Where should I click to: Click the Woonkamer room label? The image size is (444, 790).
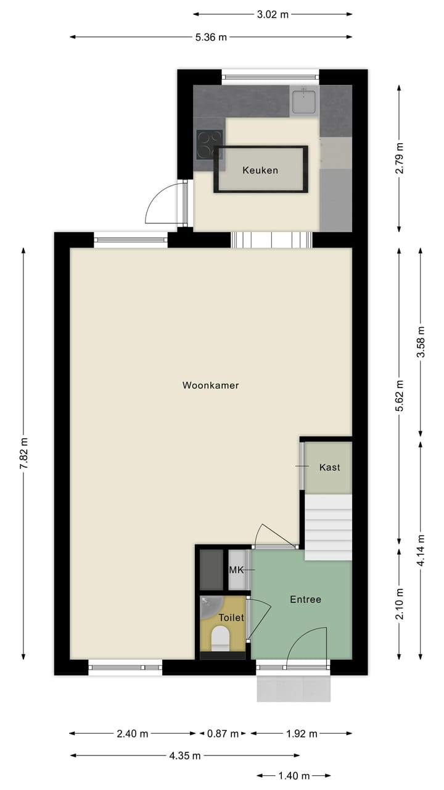(210, 385)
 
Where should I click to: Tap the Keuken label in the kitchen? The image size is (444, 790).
(260, 170)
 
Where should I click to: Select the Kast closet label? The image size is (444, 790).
(329, 467)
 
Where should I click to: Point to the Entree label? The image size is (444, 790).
(305, 599)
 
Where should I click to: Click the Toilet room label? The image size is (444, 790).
(231, 617)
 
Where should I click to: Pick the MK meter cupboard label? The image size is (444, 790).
(236, 570)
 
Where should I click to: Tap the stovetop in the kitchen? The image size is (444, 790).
(208, 144)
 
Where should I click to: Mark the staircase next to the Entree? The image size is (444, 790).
(329, 527)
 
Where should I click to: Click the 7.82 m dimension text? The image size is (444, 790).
(24, 454)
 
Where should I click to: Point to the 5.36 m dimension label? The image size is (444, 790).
(211, 37)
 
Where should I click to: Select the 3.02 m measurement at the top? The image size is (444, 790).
(273, 14)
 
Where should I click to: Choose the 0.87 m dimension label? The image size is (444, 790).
(223, 734)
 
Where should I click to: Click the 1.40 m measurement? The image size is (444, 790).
(293, 776)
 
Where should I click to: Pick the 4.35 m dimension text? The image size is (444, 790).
(185, 755)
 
